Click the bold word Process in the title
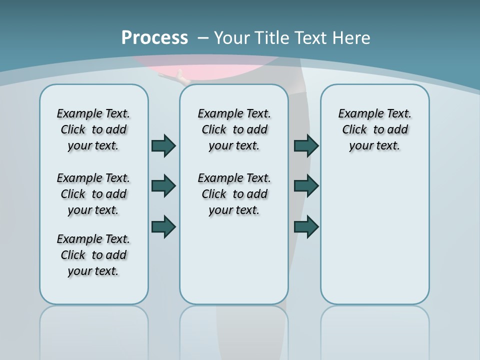154,37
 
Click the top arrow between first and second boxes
163,145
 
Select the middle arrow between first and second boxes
163,186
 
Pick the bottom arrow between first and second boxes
163,226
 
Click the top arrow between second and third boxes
306,145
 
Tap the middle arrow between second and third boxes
306,186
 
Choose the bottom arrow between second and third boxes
306,226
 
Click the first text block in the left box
93,129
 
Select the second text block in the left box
93,194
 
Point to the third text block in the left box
93,255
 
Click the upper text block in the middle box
234,129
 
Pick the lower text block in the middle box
234,194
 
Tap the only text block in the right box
375,129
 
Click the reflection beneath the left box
94,325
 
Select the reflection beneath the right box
375,325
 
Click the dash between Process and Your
202,38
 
